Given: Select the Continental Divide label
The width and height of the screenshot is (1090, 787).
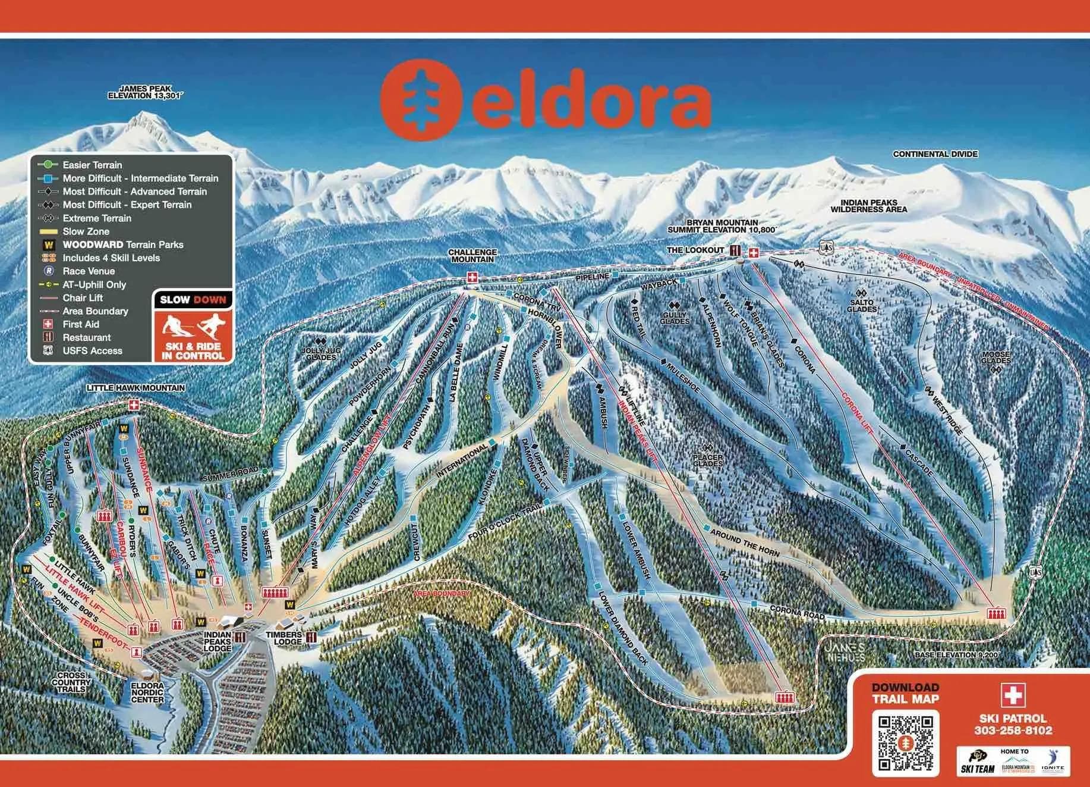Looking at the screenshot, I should point(935,154).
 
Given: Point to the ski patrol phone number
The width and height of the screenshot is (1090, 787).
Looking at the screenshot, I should point(1013,730).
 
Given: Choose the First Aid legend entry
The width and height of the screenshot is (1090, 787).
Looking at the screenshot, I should point(81,324).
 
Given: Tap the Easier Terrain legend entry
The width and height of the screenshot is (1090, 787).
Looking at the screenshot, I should point(92,165).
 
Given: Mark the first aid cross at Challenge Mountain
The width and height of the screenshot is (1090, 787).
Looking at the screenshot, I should point(472,277).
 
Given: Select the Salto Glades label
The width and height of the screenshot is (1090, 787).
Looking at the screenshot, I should point(861,305).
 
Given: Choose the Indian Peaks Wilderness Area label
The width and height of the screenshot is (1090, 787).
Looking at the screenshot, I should point(868,206).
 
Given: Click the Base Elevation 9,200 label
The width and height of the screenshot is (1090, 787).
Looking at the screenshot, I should point(957,655).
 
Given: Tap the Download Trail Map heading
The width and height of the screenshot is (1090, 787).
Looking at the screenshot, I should point(905,693).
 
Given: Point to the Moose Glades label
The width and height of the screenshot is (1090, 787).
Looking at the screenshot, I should point(996,357).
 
